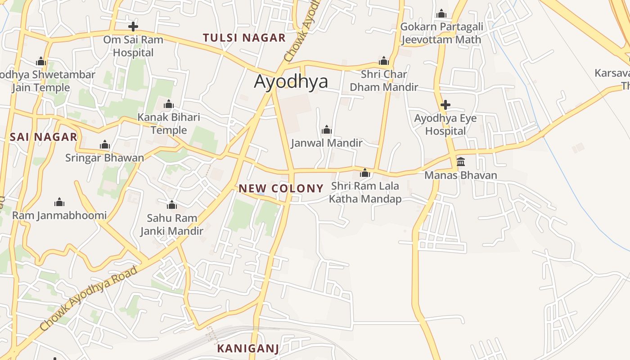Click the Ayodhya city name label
291,81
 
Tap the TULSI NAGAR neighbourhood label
244,38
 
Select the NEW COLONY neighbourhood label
281,189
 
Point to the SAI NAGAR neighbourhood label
44,137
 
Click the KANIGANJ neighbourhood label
248,348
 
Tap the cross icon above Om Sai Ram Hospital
133,26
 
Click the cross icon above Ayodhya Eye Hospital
445,105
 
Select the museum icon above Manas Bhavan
461,162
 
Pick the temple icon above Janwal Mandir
327,130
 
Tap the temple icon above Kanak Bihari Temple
169,104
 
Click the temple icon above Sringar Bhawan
105,144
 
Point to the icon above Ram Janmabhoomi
59,202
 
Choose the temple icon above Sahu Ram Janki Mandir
172,205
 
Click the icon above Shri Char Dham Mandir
384,61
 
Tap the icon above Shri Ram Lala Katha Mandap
365,173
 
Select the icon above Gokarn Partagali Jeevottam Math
441,13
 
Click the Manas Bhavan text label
461,175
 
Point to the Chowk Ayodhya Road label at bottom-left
88,299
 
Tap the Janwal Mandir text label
327,143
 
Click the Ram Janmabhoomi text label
59,215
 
